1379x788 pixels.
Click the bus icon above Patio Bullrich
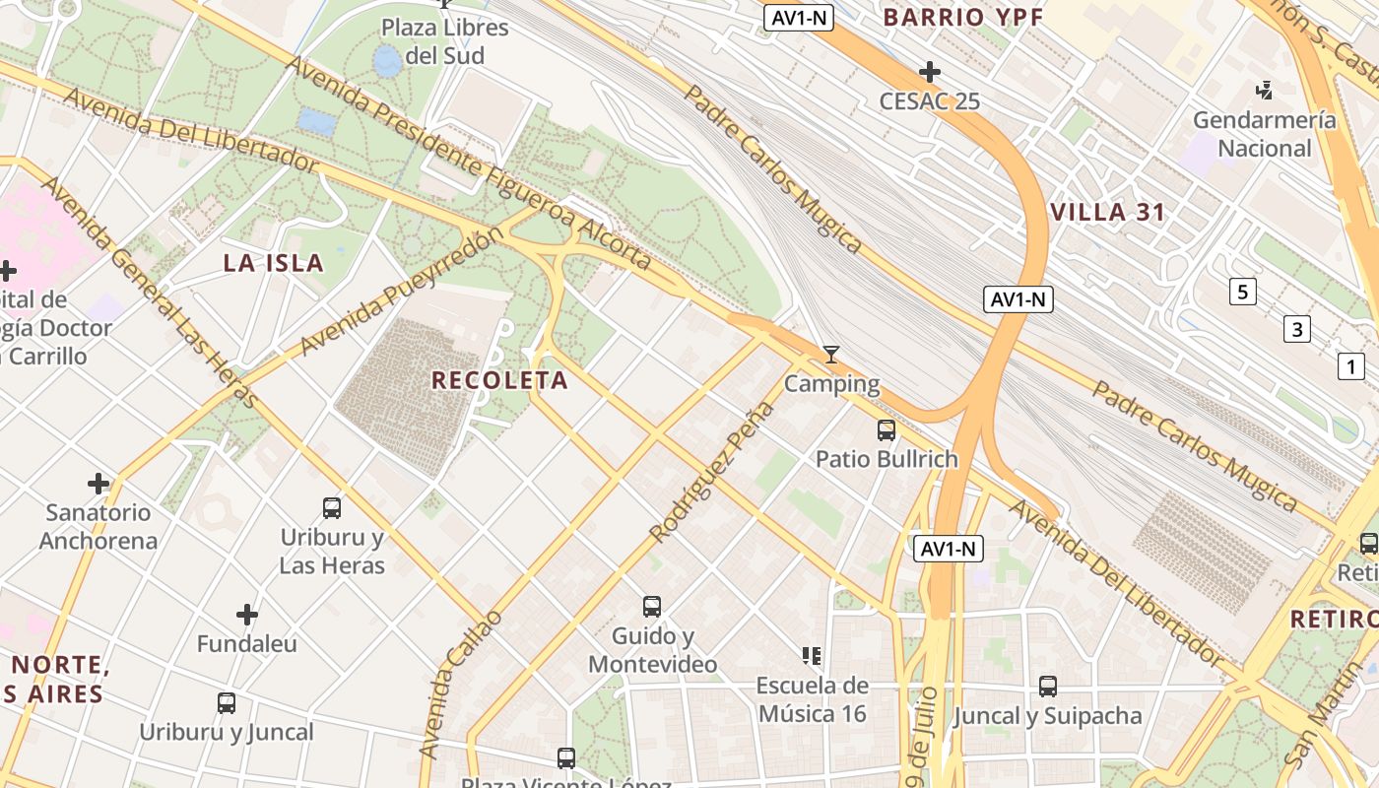886,430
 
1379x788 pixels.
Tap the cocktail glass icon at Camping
831,355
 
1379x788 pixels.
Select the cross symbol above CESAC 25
929,72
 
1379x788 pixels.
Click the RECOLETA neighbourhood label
499,380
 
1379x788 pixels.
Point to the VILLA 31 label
1108,212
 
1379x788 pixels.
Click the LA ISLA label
274,263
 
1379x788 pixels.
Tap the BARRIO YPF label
962,17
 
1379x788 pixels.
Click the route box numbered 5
1243,292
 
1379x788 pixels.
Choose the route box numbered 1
1350,366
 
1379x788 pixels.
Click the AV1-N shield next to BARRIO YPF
799,17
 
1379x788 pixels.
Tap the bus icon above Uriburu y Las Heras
332,508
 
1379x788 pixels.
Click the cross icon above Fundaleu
246,616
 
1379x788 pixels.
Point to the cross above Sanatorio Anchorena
98,484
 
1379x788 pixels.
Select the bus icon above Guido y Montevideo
652,607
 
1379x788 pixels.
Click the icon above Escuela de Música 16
812,655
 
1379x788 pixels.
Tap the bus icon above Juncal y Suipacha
1048,687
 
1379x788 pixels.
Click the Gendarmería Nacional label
1265,134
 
